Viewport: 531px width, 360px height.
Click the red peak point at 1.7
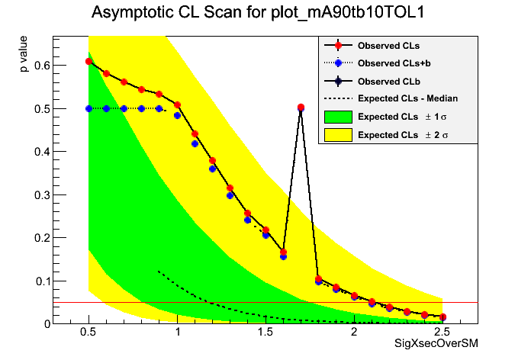point(301,108)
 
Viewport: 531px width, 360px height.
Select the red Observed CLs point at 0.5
point(89,61)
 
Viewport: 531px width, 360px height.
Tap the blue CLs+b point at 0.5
point(89,108)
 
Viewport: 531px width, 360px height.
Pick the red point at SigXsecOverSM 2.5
point(443,317)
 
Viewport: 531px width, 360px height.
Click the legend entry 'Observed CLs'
point(388,45)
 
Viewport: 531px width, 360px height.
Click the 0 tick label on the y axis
point(47,323)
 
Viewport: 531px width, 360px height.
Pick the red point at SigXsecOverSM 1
point(178,104)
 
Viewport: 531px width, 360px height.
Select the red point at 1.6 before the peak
point(283,252)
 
